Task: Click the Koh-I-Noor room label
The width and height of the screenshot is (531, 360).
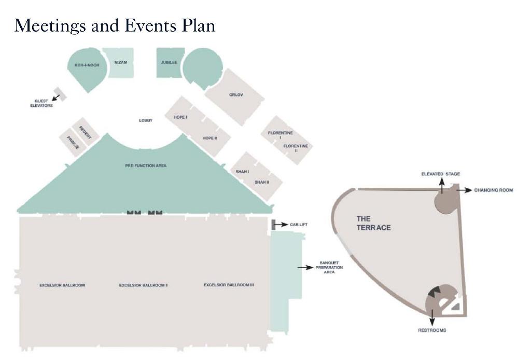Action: point(83,65)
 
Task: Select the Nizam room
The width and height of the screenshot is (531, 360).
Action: point(120,62)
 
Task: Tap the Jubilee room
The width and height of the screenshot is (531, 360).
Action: point(169,62)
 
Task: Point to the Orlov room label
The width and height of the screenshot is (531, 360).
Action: point(236,95)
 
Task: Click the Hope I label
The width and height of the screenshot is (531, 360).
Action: point(180,118)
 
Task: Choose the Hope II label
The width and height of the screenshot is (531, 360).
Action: point(209,138)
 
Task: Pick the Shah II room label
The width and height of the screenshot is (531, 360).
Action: point(262,182)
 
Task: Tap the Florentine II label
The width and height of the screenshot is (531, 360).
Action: point(296,148)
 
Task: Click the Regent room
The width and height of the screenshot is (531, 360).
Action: point(86,132)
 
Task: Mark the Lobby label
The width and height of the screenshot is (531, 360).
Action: point(146,120)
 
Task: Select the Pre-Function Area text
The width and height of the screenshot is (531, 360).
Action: point(146,165)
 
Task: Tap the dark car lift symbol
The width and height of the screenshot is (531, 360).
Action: point(273,225)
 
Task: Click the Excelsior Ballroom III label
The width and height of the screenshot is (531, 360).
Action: point(229,285)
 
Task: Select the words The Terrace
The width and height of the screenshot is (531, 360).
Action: point(373,223)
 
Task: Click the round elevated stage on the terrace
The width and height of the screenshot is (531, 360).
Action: point(445,201)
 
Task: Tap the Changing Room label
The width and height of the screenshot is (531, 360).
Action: point(493,190)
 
